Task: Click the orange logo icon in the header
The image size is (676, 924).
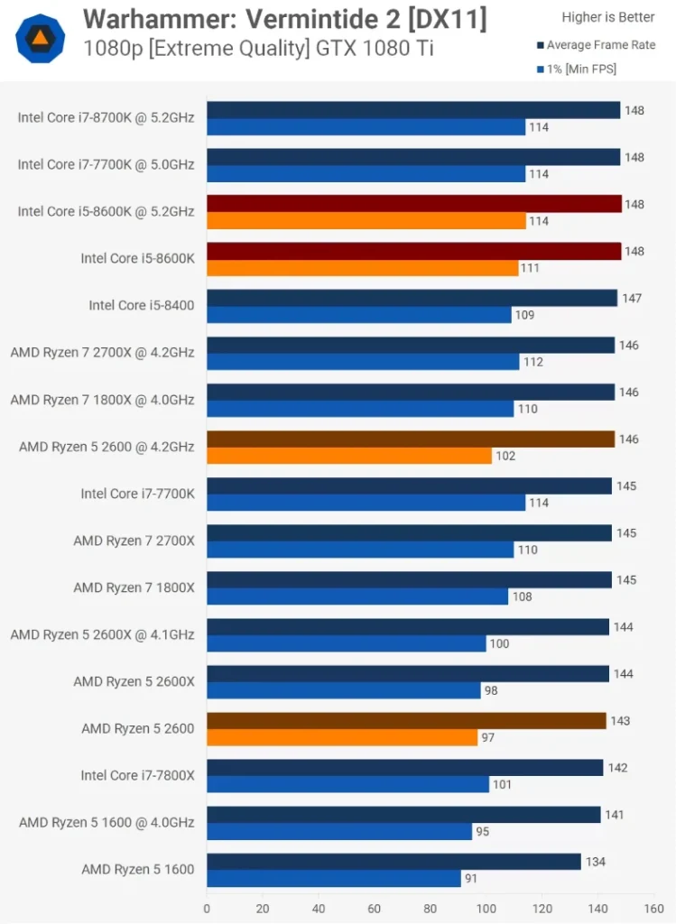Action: click(x=40, y=38)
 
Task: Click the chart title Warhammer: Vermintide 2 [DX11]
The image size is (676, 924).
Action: click(x=284, y=19)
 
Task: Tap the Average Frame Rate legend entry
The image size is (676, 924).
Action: click(x=600, y=45)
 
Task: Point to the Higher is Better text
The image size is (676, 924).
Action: click(x=608, y=17)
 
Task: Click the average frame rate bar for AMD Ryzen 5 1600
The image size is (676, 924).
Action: click(x=394, y=862)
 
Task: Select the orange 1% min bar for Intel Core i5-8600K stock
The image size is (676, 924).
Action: click(x=363, y=268)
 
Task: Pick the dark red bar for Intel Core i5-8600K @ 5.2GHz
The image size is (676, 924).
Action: click(x=414, y=204)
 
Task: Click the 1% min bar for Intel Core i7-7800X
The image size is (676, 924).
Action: click(x=347, y=784)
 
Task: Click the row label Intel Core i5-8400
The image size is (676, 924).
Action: click(x=141, y=305)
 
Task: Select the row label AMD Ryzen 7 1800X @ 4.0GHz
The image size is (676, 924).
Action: click(x=102, y=399)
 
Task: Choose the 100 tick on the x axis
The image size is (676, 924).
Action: click(x=486, y=909)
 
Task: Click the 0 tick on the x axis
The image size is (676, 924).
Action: click(x=207, y=909)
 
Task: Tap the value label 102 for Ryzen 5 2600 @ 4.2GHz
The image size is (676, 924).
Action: click(x=505, y=456)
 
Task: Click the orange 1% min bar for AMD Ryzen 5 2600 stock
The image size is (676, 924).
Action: click(x=342, y=737)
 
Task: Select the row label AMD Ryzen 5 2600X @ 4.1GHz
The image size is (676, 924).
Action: click(x=102, y=634)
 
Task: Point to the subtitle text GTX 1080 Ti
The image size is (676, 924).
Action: click(x=386, y=48)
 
